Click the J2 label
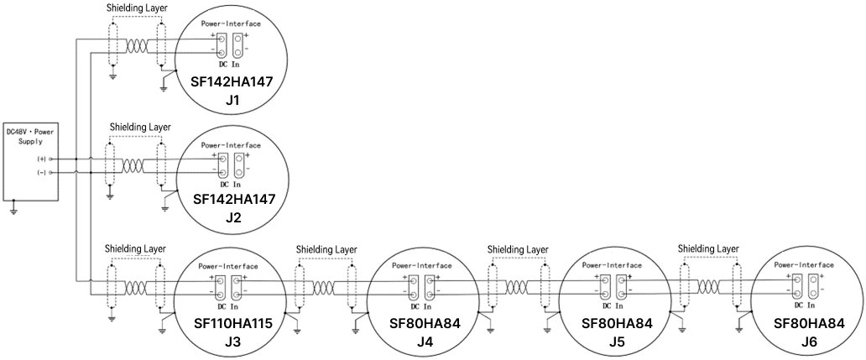(x=233, y=217)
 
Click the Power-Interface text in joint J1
(x=231, y=24)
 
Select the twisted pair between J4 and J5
(x=516, y=288)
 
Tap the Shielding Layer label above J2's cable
(x=140, y=127)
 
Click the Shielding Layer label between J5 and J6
(x=708, y=248)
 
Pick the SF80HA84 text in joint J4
(x=425, y=324)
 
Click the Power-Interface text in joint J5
(x=612, y=265)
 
